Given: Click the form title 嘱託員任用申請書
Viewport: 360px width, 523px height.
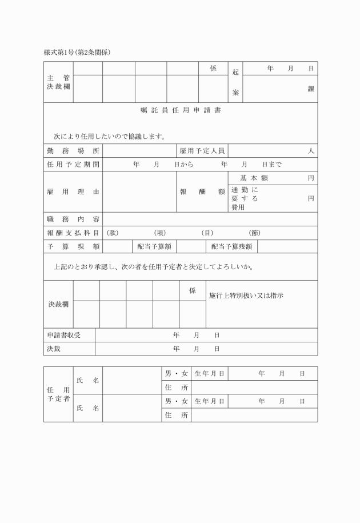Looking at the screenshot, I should (180, 110).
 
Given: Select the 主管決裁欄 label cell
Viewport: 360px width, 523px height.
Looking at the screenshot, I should (58, 82).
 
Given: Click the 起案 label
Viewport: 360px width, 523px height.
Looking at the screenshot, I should (235, 82).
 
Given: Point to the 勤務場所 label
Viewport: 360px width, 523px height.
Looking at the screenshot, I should (73, 151).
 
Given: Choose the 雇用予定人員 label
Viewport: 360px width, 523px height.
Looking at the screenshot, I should (202, 151).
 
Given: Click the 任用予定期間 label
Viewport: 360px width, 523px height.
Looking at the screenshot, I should (73, 165).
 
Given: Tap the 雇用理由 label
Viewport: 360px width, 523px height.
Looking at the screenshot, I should (73, 192).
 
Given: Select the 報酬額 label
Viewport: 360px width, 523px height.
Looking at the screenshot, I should (202, 192).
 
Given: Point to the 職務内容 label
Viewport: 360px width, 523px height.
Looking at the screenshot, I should (73, 219).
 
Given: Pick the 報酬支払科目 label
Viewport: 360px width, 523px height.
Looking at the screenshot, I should (73, 233).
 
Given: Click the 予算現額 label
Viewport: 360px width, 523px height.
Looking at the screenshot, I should (73, 247).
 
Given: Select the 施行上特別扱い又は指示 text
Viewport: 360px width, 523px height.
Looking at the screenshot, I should (246, 296).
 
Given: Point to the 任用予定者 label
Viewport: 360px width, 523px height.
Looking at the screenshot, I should (58, 394).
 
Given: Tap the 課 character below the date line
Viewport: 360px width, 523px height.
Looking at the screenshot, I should (311, 89).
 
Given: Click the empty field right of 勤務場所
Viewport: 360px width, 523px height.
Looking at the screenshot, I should (139, 151).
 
